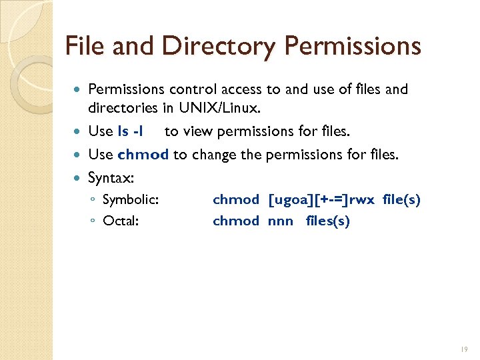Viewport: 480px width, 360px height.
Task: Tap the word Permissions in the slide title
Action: [353, 46]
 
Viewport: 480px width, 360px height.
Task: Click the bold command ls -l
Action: [130, 132]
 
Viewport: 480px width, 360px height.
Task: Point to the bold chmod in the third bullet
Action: [143, 155]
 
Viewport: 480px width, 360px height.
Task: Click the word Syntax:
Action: [111, 178]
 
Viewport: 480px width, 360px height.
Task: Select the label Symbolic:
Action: [130, 200]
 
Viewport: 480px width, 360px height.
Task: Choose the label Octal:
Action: [121, 221]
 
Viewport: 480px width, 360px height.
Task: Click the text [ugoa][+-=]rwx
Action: [322, 200]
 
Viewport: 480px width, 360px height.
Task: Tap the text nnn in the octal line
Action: [280, 221]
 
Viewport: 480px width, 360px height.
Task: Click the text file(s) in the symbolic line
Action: [401, 200]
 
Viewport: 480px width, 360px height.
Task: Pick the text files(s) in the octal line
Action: [327, 221]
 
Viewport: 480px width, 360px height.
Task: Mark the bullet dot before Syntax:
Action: [80, 179]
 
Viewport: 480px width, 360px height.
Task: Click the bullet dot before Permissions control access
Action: [80, 89]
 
